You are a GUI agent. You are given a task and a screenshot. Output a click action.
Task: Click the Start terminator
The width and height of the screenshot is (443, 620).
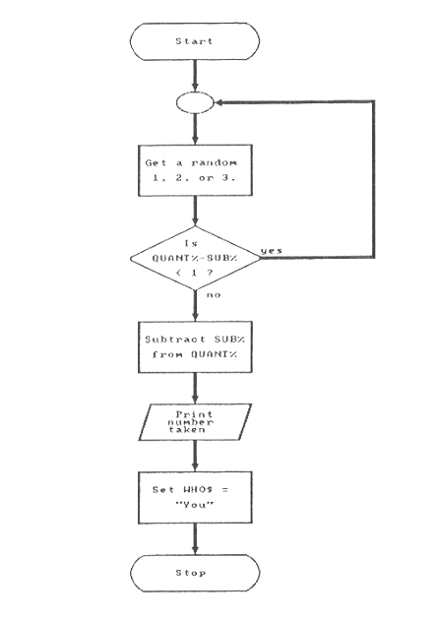(195, 41)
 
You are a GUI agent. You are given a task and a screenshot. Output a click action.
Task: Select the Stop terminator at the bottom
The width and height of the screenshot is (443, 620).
(195, 574)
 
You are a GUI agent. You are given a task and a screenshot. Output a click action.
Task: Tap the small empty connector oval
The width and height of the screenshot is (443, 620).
(195, 101)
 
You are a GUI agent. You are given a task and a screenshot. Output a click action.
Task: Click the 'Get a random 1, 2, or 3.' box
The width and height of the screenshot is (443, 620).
(195, 169)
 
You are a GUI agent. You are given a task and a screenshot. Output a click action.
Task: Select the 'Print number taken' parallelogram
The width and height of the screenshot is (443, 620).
(195, 421)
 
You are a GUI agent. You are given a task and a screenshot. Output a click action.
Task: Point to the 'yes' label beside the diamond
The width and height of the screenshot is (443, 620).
(271, 250)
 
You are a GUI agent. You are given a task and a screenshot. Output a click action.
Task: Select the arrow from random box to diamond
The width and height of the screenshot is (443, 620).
(195, 211)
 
